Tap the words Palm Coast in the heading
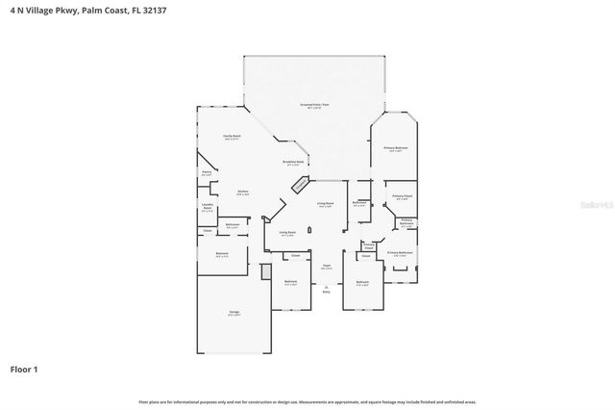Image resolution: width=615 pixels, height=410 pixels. click(101, 12)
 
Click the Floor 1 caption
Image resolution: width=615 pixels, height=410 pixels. click(24, 369)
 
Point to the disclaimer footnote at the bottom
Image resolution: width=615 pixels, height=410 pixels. click(307, 401)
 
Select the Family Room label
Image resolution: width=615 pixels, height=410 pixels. click(232, 137)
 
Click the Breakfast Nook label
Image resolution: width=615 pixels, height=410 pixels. click(292, 162)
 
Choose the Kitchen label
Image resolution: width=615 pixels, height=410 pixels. click(243, 192)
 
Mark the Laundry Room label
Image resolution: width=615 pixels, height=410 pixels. click(206, 207)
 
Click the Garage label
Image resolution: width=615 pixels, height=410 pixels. click(234, 312)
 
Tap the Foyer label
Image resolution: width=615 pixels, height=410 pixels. click(326, 266)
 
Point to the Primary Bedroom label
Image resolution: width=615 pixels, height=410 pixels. click(396, 148)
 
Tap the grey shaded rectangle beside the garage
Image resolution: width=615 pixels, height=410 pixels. click(265, 271)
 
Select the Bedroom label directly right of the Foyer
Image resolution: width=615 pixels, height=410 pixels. click(362, 283)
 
